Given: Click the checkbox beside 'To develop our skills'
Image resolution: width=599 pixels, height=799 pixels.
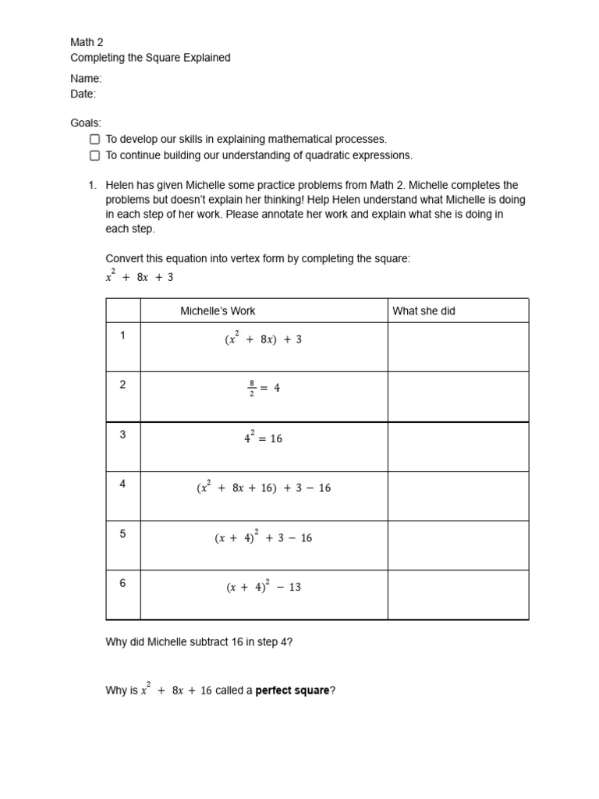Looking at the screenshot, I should coord(94,139).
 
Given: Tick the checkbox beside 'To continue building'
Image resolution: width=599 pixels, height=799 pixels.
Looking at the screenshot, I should coord(94,155).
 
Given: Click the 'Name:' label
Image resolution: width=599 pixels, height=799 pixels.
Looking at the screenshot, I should coord(86,78).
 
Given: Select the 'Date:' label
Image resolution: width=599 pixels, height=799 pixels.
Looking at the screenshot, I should coord(83,94).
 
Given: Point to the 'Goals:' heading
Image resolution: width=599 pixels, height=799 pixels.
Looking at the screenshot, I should coord(86,123).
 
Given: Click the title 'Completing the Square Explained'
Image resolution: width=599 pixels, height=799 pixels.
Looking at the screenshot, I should coord(151,58).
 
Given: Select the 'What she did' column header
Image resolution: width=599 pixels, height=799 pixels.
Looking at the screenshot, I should coord(424,311).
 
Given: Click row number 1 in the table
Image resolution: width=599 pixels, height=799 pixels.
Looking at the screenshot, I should coord(122,336).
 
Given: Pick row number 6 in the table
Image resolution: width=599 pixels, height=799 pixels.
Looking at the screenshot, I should coord(122,583).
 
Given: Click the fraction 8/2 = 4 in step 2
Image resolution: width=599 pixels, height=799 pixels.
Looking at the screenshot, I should coord(264,388).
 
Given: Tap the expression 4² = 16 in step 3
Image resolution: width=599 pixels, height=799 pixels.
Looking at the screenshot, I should coord(263,438).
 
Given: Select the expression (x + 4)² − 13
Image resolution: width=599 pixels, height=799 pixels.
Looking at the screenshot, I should coord(263,587).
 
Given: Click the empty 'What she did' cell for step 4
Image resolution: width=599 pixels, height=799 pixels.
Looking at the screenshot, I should coord(458,495).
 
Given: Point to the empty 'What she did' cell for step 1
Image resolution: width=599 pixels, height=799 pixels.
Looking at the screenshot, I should coord(458,346).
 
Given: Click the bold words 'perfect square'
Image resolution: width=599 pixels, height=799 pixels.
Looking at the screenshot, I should coord(292,691).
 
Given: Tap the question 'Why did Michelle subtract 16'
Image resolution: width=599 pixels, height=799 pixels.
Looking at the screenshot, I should coord(199,642).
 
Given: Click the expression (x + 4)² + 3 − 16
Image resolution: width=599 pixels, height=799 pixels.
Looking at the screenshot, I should coord(263,537).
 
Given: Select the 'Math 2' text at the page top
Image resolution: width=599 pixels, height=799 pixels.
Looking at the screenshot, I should coord(87,42).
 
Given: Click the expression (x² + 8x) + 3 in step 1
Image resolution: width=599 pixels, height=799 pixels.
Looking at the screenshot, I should coord(263,339).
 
